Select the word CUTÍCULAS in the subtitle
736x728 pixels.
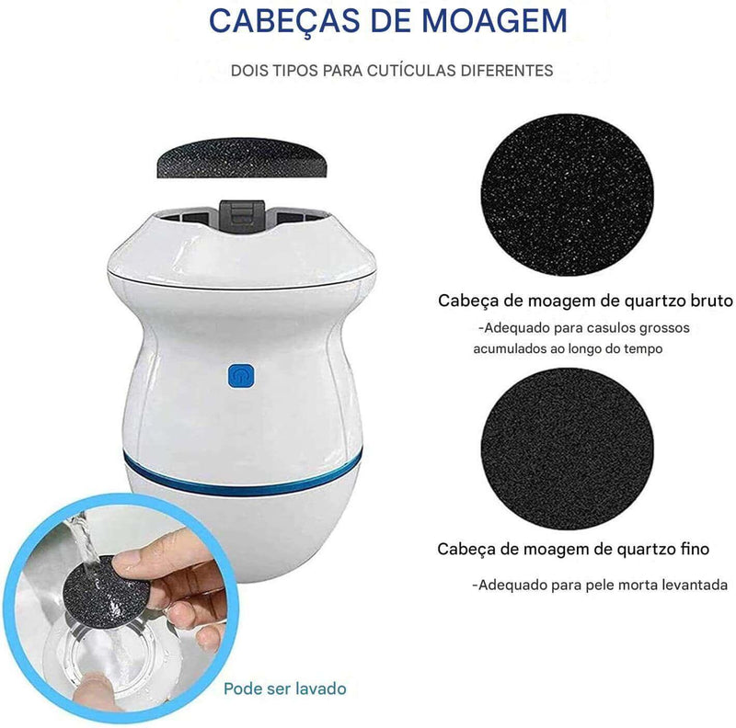click(x=411, y=71)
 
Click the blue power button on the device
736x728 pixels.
click(x=241, y=376)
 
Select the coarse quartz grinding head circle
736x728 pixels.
click(x=567, y=194)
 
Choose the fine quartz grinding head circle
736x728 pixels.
click(x=567, y=449)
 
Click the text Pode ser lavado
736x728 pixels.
click(x=285, y=688)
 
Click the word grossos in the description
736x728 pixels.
click(x=664, y=328)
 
